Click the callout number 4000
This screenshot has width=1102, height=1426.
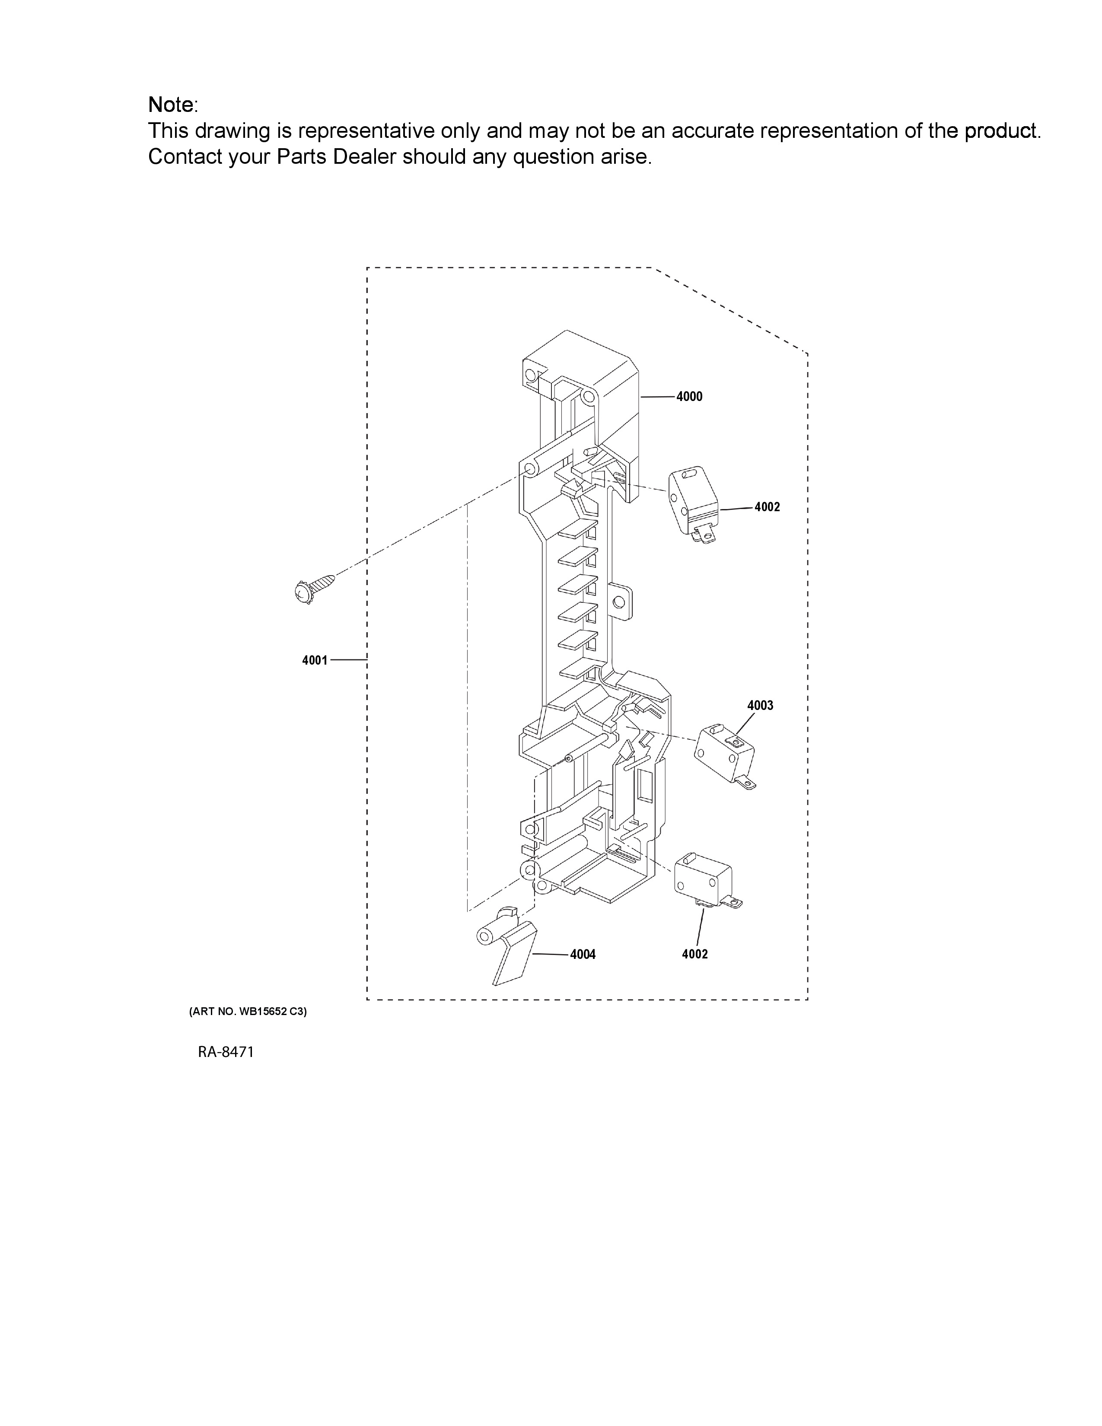pos(689,396)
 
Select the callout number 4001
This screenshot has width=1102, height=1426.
pos(315,660)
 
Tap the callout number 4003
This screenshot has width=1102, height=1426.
pos(760,705)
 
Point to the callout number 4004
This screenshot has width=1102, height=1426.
pos(583,955)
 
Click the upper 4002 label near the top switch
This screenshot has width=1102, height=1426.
pos(767,507)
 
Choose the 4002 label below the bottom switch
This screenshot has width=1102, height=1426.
pos(694,954)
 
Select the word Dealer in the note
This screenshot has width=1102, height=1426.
pos(365,157)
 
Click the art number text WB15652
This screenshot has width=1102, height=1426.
pos(264,1012)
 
